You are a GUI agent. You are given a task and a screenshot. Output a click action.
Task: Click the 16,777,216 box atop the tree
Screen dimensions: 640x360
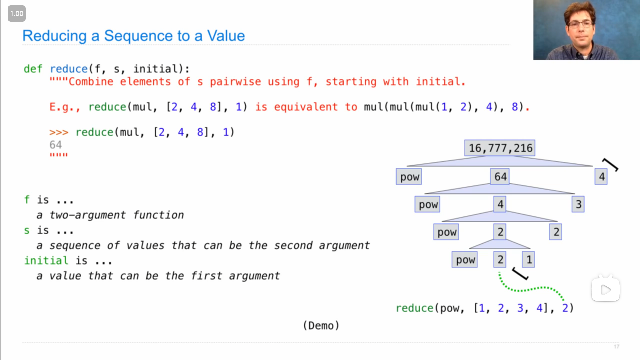click(500, 148)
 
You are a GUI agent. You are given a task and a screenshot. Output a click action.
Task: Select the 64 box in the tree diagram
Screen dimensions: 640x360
click(500, 177)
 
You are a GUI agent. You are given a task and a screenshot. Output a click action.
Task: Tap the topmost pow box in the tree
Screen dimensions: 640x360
click(409, 177)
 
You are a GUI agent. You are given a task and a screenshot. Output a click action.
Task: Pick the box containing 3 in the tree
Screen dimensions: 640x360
click(578, 204)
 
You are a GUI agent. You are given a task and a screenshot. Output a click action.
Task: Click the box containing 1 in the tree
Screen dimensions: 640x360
click(528, 260)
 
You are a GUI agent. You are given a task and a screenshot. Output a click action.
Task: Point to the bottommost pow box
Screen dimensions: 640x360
click(465, 260)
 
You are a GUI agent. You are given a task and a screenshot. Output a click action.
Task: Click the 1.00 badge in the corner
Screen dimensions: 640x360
click(17, 14)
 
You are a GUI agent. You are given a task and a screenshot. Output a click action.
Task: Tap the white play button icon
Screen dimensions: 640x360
click(606, 290)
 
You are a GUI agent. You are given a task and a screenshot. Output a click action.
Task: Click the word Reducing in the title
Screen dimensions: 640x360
click(55, 36)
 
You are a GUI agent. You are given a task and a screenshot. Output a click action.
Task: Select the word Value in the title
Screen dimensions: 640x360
click(226, 36)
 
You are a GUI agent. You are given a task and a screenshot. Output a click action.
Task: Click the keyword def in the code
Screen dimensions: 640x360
click(33, 69)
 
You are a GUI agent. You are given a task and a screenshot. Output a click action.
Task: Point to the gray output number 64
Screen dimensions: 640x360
click(56, 145)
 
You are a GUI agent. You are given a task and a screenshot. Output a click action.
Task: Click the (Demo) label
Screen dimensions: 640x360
click(321, 325)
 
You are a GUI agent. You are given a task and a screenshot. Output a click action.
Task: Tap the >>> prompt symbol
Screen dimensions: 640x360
click(59, 132)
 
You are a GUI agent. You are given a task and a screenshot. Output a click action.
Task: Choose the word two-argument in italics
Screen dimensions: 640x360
click(88, 215)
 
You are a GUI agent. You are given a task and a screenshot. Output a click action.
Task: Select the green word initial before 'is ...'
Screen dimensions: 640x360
click(46, 260)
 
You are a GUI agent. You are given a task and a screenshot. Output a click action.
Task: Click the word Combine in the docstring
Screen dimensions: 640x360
click(91, 81)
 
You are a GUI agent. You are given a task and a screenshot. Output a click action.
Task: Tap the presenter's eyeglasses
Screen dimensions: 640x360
click(581, 24)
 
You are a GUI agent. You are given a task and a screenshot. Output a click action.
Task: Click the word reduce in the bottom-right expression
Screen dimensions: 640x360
click(415, 308)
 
